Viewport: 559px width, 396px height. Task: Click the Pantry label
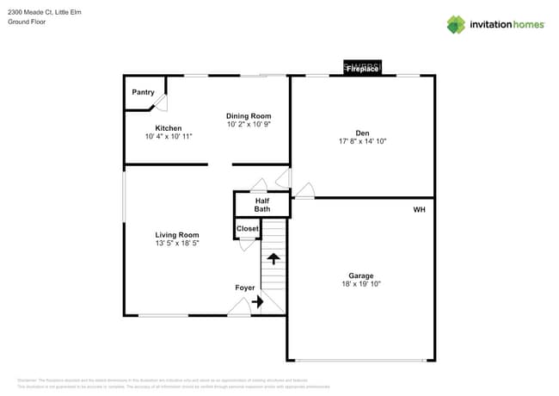pos(143,92)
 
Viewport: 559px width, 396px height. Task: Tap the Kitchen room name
pos(169,128)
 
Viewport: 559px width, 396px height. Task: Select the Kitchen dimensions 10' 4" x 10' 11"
pos(169,137)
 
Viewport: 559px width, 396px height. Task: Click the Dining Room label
pos(249,116)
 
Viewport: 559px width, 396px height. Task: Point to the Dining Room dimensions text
pos(249,125)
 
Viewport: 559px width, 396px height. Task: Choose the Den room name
pos(362,133)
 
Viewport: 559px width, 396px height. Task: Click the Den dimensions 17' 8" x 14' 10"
pos(362,141)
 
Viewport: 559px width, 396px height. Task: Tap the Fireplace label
pos(362,69)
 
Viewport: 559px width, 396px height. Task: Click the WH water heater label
pos(419,209)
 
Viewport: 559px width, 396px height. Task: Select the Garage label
pos(361,275)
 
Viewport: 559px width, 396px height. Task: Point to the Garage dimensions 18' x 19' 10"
pos(361,284)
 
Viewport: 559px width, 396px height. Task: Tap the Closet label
pos(248,229)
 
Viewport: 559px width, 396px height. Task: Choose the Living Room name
pos(177,235)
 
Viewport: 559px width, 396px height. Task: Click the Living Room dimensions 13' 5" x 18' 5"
pos(177,244)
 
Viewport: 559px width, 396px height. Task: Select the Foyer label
pos(245,288)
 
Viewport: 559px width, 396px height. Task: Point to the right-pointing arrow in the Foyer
pos(257,302)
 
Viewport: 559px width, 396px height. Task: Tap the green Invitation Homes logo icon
pos(456,24)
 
